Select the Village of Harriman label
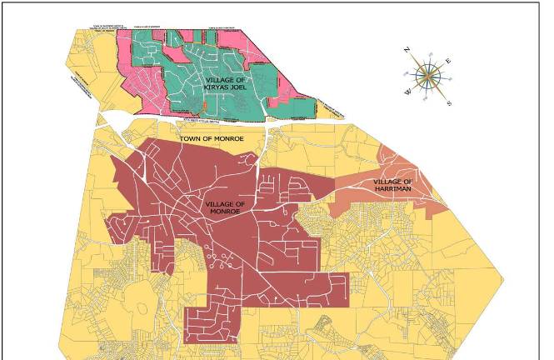coord(392,185)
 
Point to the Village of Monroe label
coord(223,208)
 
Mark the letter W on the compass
coord(407,92)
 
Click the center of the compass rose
coord(429,76)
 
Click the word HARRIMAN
coord(392,189)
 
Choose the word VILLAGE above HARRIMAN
coord(388,181)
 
